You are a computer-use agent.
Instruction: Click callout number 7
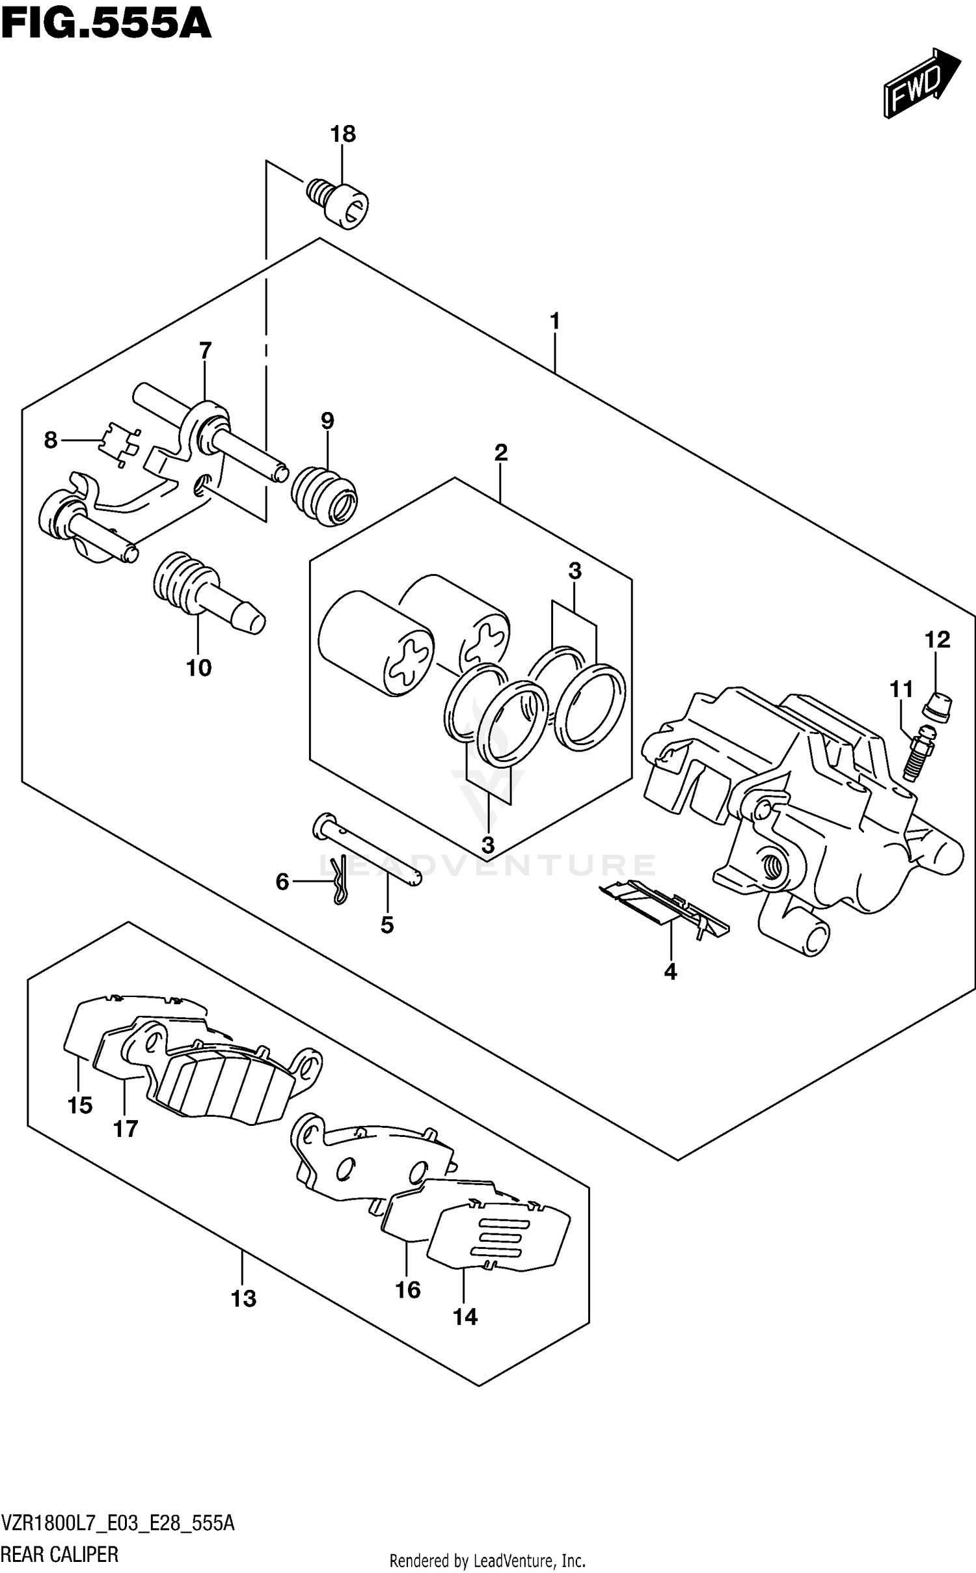(205, 351)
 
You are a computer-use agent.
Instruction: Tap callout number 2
(500, 452)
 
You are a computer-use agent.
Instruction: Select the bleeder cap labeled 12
(938, 707)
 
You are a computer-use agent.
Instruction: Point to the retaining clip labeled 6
(338, 881)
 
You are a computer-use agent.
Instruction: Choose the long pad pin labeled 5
(368, 851)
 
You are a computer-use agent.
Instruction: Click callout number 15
(80, 1105)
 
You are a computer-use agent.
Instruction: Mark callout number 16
(408, 1289)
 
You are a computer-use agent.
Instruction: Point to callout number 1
(554, 321)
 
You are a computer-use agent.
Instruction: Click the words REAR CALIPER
(60, 1555)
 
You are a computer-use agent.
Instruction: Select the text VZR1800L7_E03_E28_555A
(118, 1520)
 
